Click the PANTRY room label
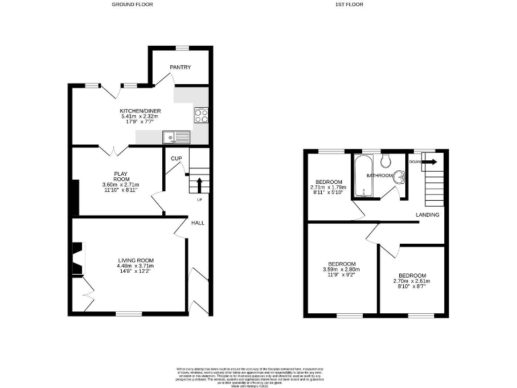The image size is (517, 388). [180, 67]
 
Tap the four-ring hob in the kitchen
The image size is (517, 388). [201, 115]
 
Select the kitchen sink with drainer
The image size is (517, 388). [176, 138]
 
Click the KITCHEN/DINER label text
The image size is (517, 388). [140, 110]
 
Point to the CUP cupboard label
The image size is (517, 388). [176, 158]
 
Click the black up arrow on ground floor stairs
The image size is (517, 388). [199, 185]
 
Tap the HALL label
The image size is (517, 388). [197, 223]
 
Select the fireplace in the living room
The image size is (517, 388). [78, 259]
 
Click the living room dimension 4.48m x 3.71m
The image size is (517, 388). [137, 266]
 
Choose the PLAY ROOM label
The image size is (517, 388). [120, 176]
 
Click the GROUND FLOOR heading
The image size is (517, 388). [133, 5]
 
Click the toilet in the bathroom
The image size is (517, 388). [386, 160]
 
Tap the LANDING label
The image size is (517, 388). [427, 215]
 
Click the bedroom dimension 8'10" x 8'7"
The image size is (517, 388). [411, 287]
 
